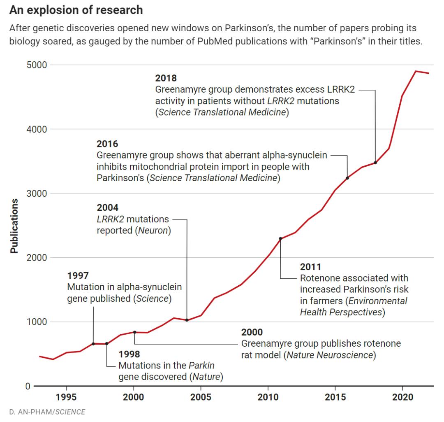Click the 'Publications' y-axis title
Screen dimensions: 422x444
click(14, 226)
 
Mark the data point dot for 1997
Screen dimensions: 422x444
click(93, 344)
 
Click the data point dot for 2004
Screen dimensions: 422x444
click(187, 320)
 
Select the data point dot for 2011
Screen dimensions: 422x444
click(281, 238)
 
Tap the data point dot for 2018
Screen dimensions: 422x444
click(375, 163)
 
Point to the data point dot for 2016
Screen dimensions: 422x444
click(348, 178)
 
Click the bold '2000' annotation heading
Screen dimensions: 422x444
click(252, 332)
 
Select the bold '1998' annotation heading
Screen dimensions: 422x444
click(129, 354)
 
